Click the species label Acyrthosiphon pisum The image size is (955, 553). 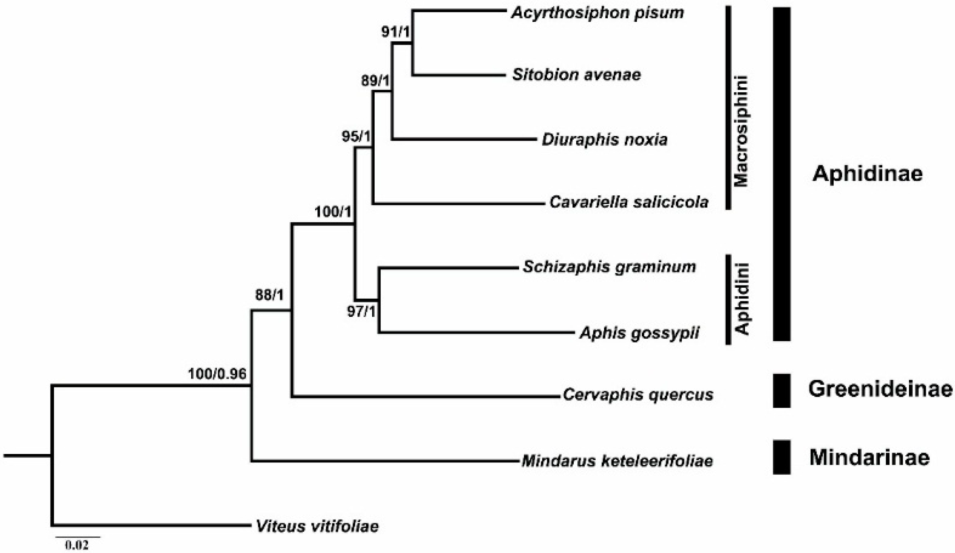point(597,13)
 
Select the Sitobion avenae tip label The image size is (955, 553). point(576,75)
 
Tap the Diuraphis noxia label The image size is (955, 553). point(604,140)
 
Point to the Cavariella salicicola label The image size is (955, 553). point(629,202)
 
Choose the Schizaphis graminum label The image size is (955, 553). point(609,267)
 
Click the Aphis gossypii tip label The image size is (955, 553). point(639,333)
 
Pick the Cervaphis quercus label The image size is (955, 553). point(638,395)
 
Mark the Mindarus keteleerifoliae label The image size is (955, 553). point(617,461)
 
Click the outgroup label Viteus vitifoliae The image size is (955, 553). point(317,526)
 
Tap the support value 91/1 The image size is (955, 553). point(396,33)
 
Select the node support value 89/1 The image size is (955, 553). point(375,81)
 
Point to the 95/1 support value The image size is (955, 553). point(356,137)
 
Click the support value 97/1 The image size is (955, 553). point(361,312)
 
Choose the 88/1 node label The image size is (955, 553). point(269,296)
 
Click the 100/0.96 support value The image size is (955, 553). point(217,374)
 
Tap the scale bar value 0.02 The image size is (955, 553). point(77,546)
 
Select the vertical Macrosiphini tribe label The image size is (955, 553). point(741,132)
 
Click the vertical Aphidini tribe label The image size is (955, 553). point(742,299)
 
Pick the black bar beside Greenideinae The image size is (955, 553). point(781,390)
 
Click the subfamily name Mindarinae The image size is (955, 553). point(869,457)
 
